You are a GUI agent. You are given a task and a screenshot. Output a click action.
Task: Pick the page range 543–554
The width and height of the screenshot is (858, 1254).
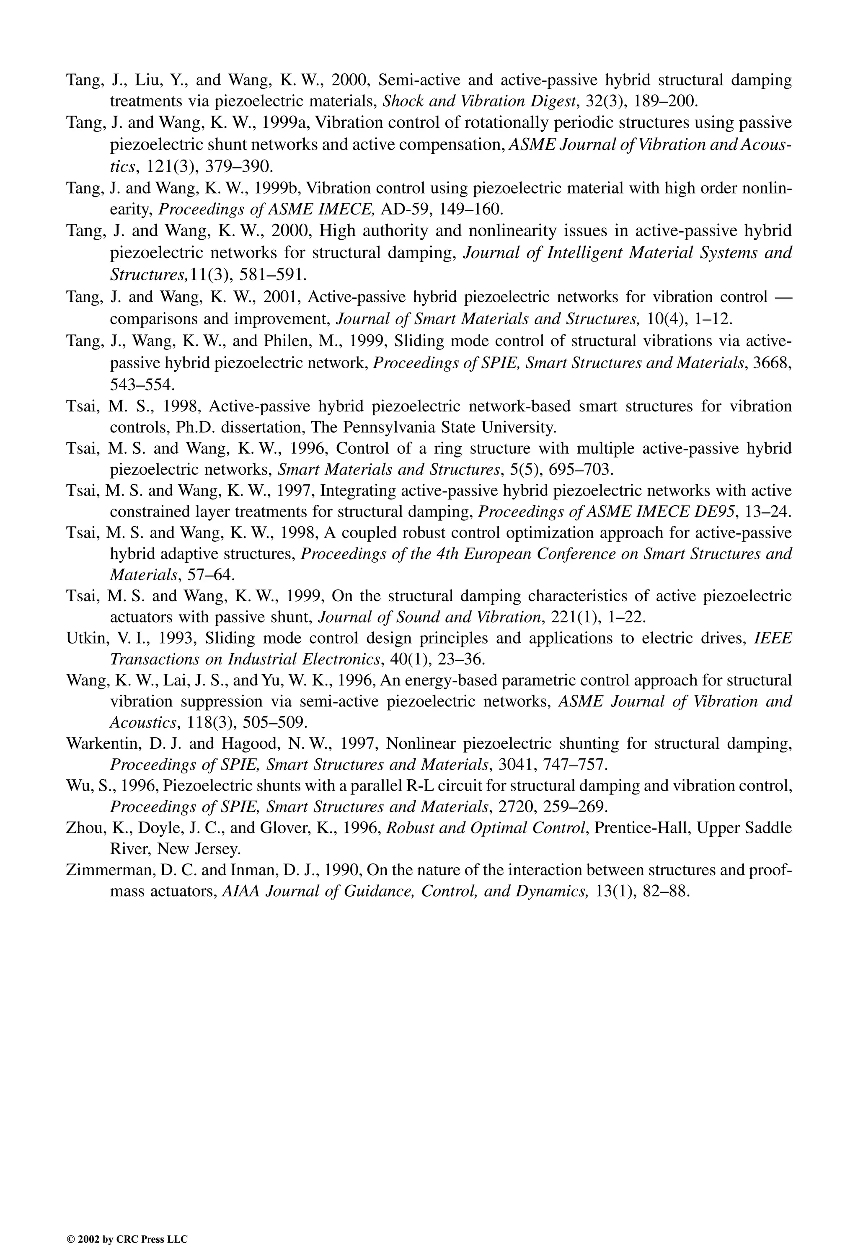(142, 384)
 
